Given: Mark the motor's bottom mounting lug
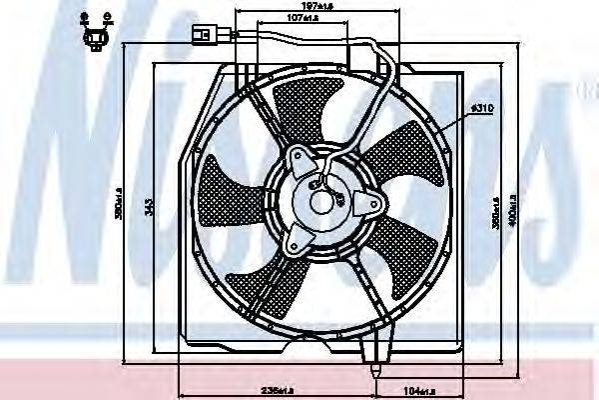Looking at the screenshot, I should (x=297, y=240).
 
